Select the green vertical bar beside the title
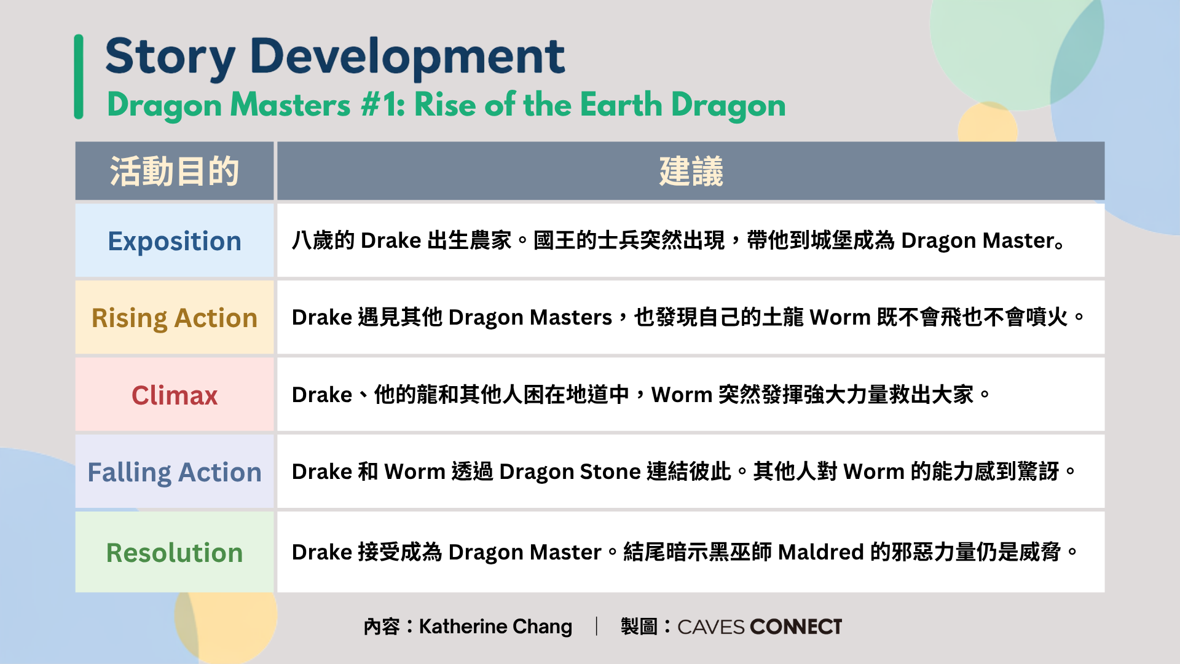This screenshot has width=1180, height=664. click(79, 77)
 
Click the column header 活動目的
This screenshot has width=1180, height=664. click(175, 171)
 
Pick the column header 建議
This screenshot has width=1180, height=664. click(691, 171)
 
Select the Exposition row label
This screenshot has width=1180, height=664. click(175, 241)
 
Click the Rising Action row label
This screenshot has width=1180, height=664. click(175, 318)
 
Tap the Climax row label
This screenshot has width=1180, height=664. click(175, 395)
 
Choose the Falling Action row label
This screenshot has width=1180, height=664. click(175, 472)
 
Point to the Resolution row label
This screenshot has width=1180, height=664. click(175, 553)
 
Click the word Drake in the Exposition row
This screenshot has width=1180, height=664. click(391, 240)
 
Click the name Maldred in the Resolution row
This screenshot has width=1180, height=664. click(821, 552)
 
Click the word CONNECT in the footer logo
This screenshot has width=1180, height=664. click(796, 626)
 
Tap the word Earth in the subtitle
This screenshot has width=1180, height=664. click(621, 105)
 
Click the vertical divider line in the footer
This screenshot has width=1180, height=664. click(596, 626)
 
